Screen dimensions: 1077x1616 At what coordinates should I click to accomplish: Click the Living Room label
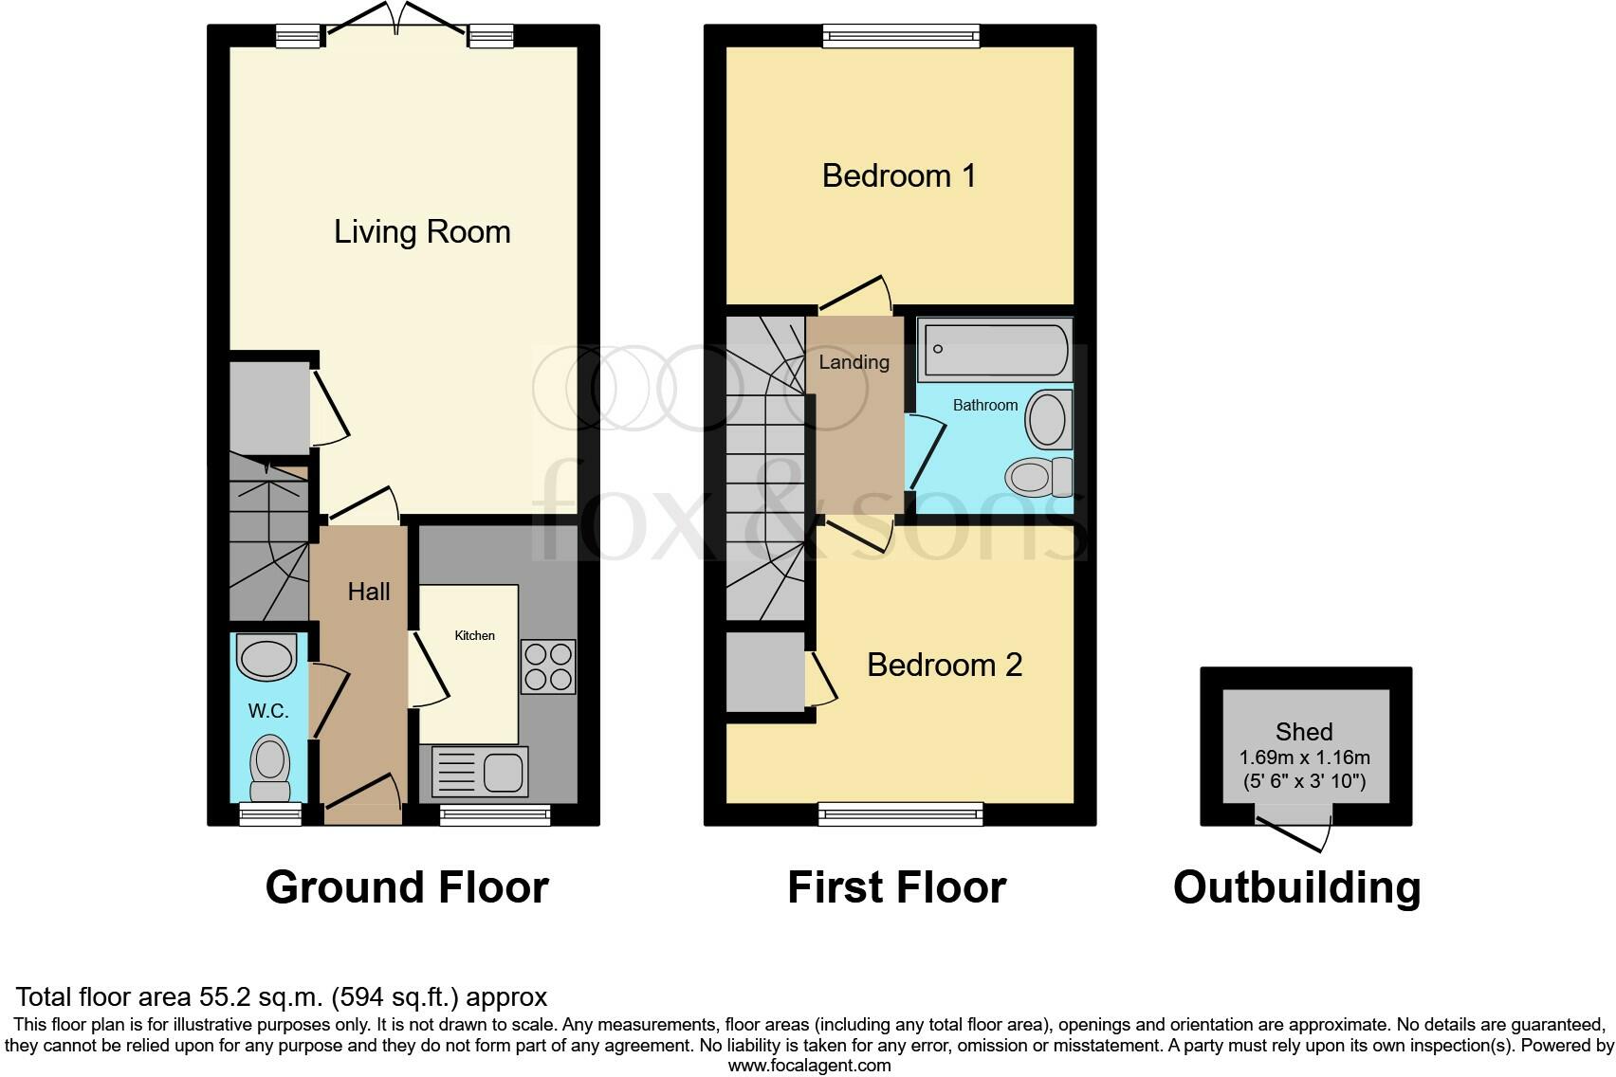pos(422,232)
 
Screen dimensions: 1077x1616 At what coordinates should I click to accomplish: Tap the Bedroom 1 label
pos(898,176)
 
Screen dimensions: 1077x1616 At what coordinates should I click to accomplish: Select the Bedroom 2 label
pos(944,666)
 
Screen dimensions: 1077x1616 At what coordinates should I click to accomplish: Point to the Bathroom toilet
pos(1039,477)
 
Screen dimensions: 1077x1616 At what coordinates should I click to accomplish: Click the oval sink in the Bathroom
pos(1047,419)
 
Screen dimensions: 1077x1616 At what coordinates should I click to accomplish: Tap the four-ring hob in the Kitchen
pos(548,666)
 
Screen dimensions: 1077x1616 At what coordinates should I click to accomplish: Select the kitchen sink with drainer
pos(480,771)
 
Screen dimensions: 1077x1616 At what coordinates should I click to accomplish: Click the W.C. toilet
pos(270,769)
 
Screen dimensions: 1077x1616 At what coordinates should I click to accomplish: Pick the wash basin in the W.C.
pos(266,658)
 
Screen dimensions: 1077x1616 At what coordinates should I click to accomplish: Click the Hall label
pos(369,593)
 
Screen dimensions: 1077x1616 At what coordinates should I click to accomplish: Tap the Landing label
pos(854,363)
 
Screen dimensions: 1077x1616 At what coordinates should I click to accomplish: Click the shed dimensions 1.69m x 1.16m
pos(1304,758)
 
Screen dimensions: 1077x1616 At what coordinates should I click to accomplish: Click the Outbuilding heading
pos(1296,888)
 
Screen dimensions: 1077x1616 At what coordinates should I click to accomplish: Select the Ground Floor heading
pos(407,888)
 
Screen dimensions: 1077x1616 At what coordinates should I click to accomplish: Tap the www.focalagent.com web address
pos(809,1066)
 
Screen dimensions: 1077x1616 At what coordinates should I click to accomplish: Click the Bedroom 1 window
pos(901,37)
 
